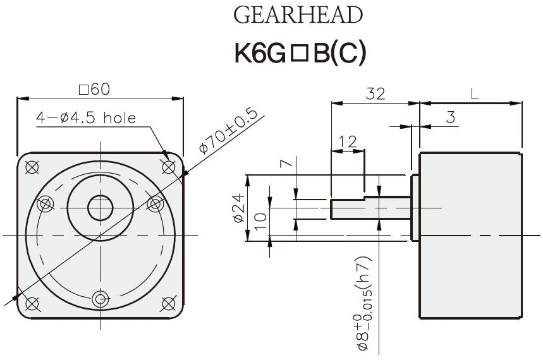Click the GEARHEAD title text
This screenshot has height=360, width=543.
(298, 15)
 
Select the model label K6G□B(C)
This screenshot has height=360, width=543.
(300, 54)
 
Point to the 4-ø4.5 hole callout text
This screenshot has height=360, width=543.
(86, 118)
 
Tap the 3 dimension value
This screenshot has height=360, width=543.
(450, 117)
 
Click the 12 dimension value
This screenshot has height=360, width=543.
(347, 142)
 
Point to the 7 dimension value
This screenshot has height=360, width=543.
(286, 164)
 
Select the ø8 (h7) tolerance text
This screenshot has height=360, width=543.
(364, 304)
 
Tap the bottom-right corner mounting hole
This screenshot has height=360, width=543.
(168, 304)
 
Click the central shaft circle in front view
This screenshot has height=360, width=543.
(100, 208)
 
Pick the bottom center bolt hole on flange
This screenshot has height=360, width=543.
(100, 298)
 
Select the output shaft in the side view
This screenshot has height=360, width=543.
(370, 208)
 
